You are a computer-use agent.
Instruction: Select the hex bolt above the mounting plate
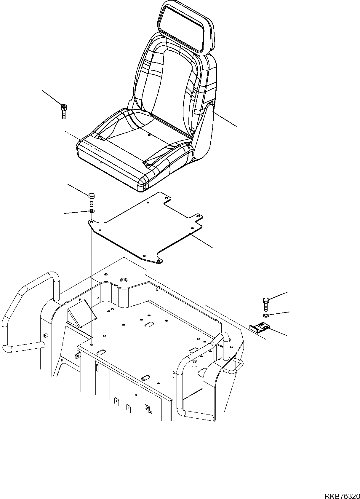click(x=92, y=199)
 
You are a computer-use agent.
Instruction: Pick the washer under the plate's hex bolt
click(x=92, y=211)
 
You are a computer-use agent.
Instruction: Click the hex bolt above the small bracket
click(x=265, y=304)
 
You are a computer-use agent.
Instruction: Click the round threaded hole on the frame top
click(x=123, y=280)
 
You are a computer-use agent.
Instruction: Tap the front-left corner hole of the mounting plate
click(x=92, y=221)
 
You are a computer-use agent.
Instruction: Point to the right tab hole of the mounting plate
click(x=199, y=216)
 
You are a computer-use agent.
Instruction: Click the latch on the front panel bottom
click(x=147, y=409)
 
